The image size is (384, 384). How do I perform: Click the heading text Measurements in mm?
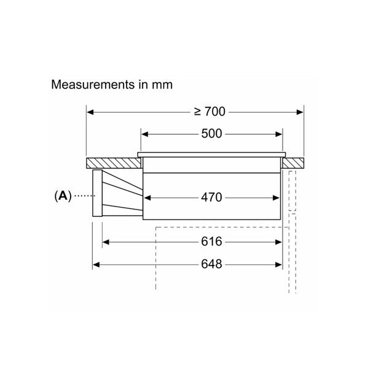[x=112, y=85]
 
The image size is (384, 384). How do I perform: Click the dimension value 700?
[x=215, y=112]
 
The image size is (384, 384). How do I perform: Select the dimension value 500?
[x=211, y=134]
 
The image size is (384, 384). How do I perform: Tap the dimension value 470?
[x=211, y=197]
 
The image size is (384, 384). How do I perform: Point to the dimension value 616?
[x=211, y=241]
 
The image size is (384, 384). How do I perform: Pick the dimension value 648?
[x=211, y=264]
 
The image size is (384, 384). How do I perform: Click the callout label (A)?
[x=63, y=196]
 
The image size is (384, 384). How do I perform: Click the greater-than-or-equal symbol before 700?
[x=198, y=112]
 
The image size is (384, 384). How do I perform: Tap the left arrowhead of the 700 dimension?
[x=90, y=112]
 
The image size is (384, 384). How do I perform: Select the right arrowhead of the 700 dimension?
[x=300, y=112]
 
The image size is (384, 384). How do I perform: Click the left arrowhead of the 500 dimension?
[x=145, y=134]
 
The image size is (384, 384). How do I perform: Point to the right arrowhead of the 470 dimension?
[x=276, y=198]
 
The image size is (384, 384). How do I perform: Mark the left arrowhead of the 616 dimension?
[x=106, y=242]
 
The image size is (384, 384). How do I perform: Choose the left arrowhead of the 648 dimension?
[x=96, y=265]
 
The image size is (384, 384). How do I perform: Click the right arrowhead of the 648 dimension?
[x=279, y=265]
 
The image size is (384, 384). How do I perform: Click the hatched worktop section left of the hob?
[x=114, y=163]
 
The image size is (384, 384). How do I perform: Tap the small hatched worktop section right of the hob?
[x=293, y=163]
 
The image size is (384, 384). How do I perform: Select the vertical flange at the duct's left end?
[x=98, y=193]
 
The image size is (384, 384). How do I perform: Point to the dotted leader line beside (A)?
[x=85, y=195]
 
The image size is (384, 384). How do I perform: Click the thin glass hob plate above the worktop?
[x=211, y=155]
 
